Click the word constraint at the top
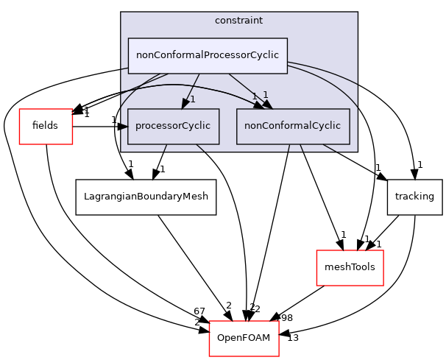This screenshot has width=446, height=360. pyautogui.click(x=238, y=21)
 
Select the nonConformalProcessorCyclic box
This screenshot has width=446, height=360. pyautogui.click(x=208, y=55)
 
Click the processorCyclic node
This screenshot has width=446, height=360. pyautogui.click(x=173, y=126)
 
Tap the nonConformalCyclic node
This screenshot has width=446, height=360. pyautogui.click(x=293, y=126)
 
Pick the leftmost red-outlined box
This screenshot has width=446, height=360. pyautogui.click(x=46, y=126)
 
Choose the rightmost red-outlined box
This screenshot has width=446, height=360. pyautogui.click(x=350, y=267)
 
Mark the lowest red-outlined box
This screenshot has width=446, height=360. pyautogui.click(x=244, y=338)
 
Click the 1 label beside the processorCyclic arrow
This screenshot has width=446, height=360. pyautogui.click(x=193, y=99)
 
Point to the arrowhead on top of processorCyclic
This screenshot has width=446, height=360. pyautogui.click(x=185, y=104)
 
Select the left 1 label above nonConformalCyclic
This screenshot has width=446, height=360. pyautogui.click(x=254, y=96)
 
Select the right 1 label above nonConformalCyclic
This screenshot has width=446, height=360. pyautogui.click(x=265, y=95)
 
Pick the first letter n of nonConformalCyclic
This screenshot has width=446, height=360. pyautogui.click(x=247, y=126)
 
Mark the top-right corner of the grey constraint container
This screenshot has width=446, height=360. pyautogui.click(x=357, y=13)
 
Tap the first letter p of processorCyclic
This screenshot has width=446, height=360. pyautogui.click(x=138, y=127)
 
